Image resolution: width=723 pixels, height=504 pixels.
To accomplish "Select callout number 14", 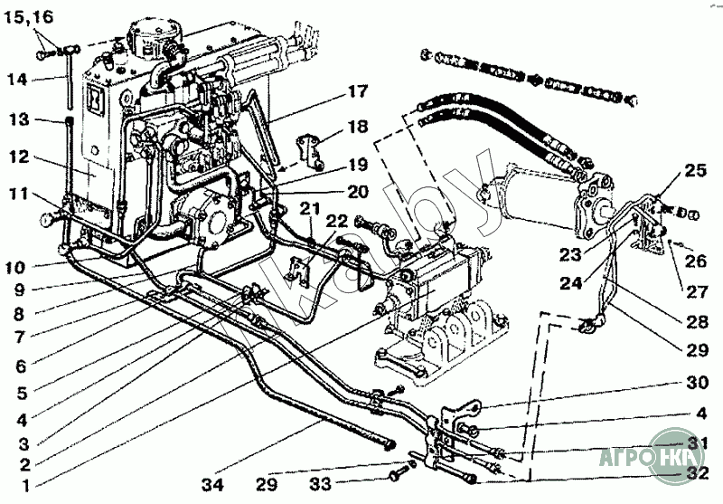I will [x=17, y=79].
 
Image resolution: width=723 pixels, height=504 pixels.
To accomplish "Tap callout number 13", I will [x=20, y=119].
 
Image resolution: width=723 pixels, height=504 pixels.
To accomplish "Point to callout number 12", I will [x=20, y=157].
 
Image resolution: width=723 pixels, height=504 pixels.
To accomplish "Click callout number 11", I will [x=20, y=193].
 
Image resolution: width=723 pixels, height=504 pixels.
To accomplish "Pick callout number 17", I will [x=356, y=90].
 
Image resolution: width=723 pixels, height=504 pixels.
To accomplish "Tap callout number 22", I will [x=336, y=219].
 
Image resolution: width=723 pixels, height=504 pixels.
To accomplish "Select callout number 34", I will [x=212, y=485].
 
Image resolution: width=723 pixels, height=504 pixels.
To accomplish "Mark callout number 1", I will [x=27, y=485].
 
